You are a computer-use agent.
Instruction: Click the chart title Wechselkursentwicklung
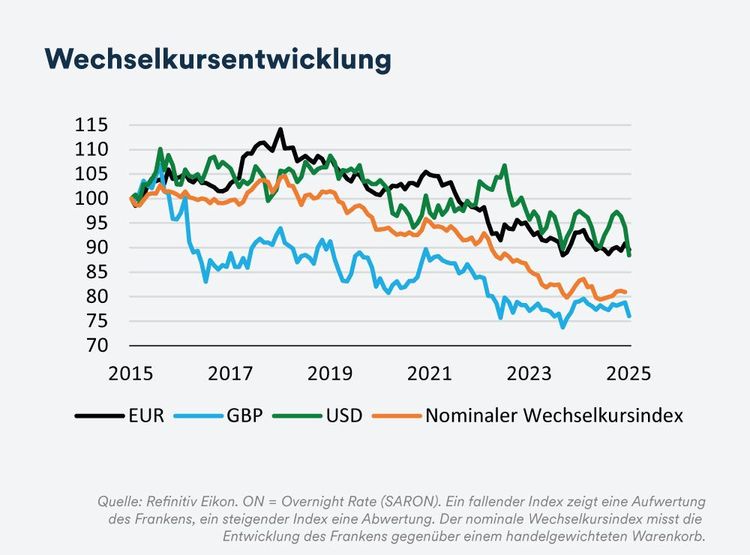coord(217,58)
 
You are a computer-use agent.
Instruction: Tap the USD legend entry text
coord(341,414)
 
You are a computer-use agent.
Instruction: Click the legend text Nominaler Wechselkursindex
coord(554,414)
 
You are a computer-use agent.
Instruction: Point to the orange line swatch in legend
coord(397,415)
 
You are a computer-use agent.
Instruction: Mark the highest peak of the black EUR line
coord(280,129)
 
